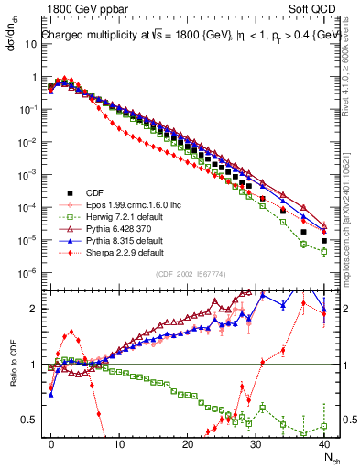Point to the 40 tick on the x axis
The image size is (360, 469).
(324, 443)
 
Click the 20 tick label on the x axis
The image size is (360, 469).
(188, 443)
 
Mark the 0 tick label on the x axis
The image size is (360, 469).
(51, 443)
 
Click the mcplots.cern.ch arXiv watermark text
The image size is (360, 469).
(352, 183)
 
